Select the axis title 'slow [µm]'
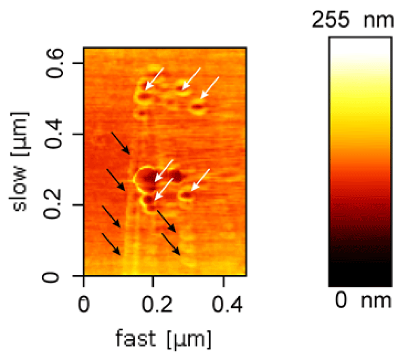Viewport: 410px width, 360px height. (20, 169)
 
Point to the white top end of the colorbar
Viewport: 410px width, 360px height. (360, 44)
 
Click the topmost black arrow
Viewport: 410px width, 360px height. (120, 143)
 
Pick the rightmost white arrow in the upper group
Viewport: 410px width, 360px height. (210, 87)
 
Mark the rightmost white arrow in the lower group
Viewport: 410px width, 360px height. (201, 179)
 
